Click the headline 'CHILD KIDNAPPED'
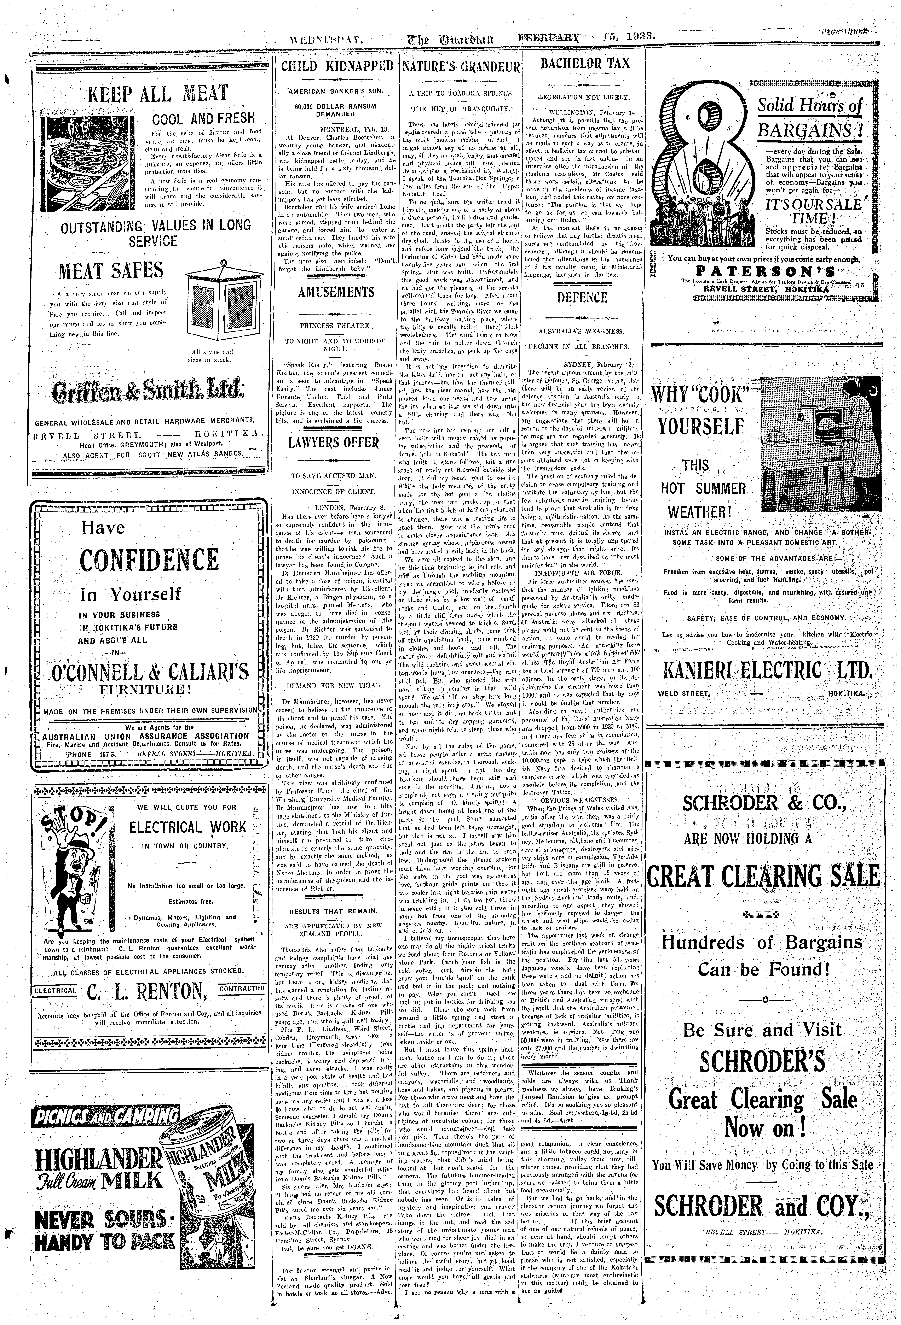click(338, 65)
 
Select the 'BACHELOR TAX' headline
click(585, 63)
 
